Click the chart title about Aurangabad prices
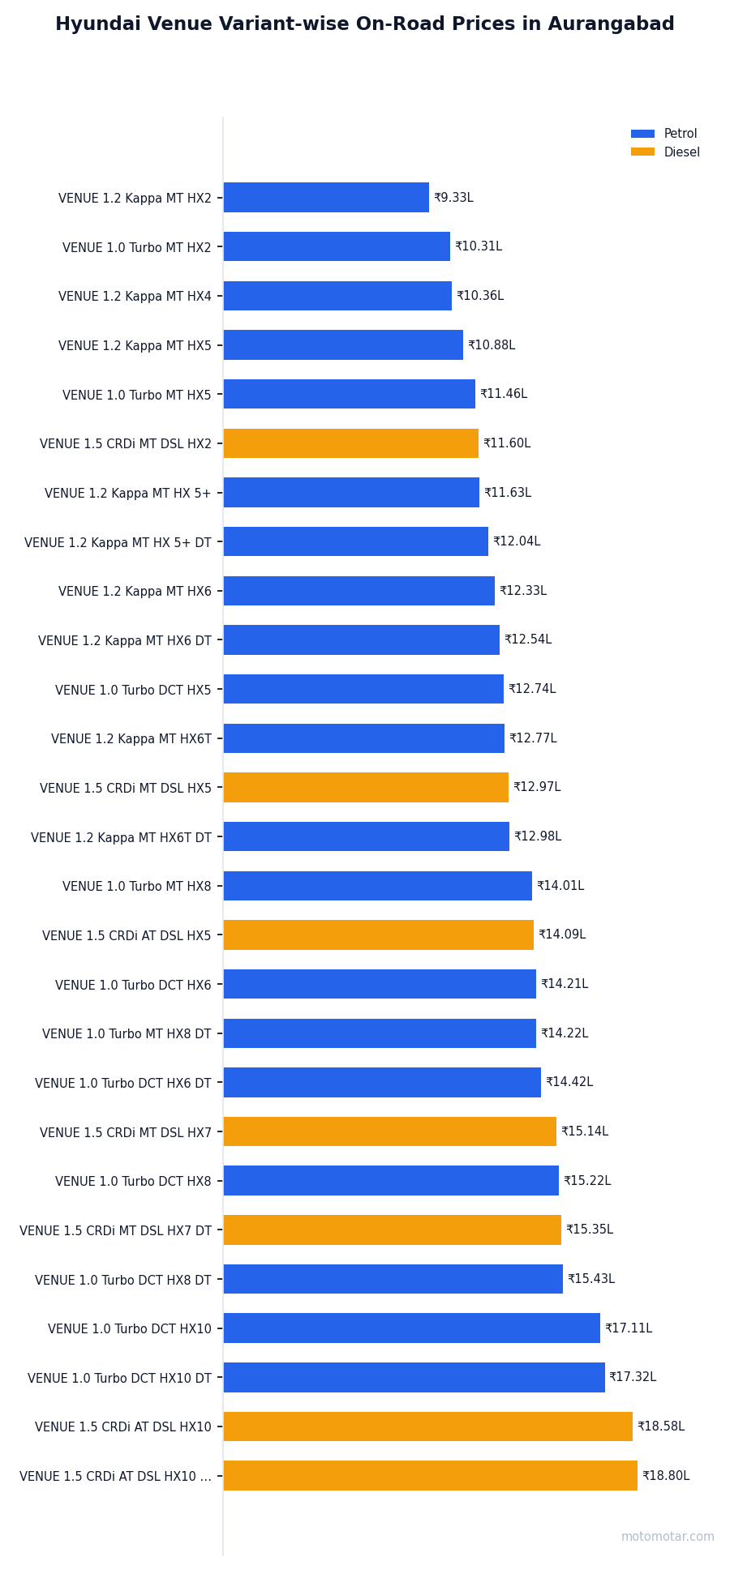pyautogui.click(x=365, y=24)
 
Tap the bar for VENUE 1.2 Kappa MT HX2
pyautogui.click(x=326, y=198)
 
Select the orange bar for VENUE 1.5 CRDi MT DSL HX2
pyautogui.click(x=350, y=443)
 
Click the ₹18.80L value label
pyautogui.click(x=666, y=1476)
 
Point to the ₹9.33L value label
pyautogui.click(x=453, y=198)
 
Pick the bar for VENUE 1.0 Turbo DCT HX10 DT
pyautogui.click(x=414, y=1377)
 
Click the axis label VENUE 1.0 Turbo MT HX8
pyautogui.click(x=136, y=887)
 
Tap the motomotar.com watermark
pyautogui.click(x=668, y=1537)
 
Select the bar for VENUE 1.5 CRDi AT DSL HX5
pyautogui.click(x=378, y=935)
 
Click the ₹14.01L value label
pyautogui.click(x=560, y=886)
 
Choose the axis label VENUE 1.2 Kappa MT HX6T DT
pyautogui.click(x=121, y=837)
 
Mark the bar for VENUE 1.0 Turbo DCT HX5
pyautogui.click(x=363, y=689)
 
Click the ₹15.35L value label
pyautogui.click(x=590, y=1230)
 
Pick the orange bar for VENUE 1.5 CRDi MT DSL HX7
pyautogui.click(x=389, y=1131)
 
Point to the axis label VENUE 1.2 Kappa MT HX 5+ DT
pyautogui.click(x=118, y=542)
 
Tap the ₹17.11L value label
pyautogui.click(x=629, y=1328)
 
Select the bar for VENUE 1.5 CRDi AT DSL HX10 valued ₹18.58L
pyautogui.click(x=427, y=1426)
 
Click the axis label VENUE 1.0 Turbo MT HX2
pyautogui.click(x=136, y=247)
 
